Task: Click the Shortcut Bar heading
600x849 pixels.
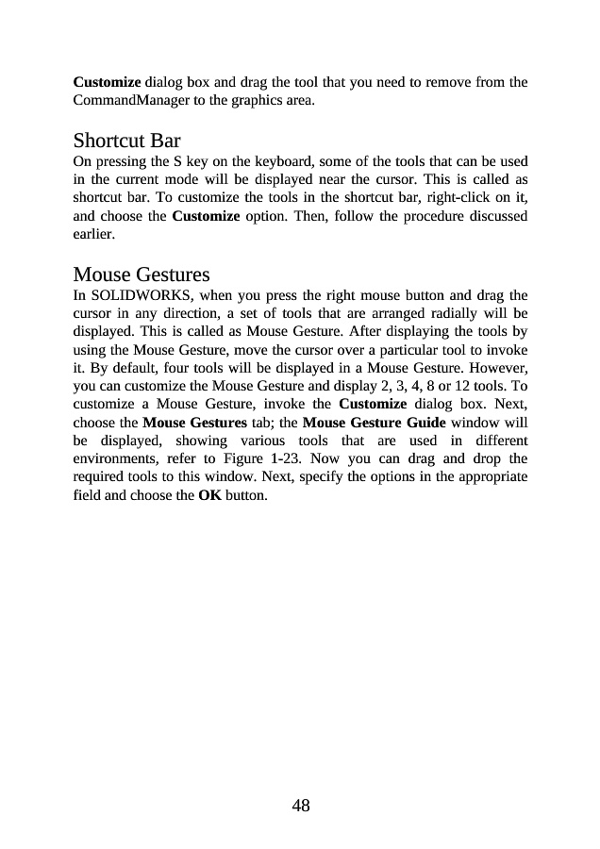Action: [126, 141]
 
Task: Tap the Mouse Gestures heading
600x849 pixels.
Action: [142, 275]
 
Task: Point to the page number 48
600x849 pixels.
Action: [300, 805]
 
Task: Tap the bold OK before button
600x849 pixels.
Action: [209, 494]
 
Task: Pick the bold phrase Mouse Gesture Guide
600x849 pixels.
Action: [374, 422]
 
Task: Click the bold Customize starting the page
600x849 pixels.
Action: [108, 82]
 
